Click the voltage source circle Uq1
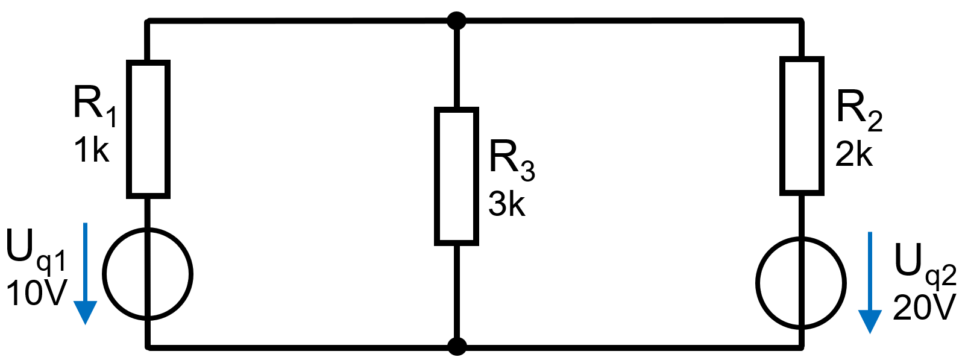103,274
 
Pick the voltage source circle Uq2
757,283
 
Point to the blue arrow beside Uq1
85,273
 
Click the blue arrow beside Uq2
870,283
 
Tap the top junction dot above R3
457,21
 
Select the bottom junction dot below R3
457,347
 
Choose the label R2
859,110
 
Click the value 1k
92,150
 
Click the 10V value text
37,293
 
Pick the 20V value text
924,308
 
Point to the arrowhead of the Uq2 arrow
870,322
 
